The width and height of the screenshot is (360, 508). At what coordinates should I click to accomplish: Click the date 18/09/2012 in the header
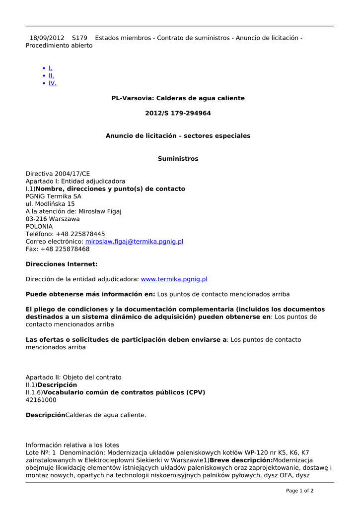click(x=47, y=38)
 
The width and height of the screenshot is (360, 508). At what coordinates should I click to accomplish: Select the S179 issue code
click(x=79, y=38)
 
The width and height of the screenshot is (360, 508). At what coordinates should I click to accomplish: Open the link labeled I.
click(x=50, y=68)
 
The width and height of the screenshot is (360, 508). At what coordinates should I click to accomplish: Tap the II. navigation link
click(x=51, y=75)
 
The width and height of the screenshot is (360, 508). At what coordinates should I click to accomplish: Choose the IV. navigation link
click(x=52, y=83)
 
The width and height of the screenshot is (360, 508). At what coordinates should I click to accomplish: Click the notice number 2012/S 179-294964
click(x=178, y=113)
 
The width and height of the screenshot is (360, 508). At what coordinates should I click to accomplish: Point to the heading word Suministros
click(x=178, y=159)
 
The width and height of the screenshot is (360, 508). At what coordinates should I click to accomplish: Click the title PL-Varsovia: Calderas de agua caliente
click(x=178, y=98)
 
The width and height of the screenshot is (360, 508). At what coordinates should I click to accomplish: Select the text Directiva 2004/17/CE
click(x=58, y=174)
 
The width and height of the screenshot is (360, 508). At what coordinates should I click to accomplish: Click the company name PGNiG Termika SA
click(x=53, y=196)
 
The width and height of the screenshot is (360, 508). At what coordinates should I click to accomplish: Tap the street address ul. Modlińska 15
click(x=50, y=204)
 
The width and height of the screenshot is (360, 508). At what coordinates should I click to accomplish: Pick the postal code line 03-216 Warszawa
click(x=53, y=219)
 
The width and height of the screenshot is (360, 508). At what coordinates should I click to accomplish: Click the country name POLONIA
click(x=39, y=226)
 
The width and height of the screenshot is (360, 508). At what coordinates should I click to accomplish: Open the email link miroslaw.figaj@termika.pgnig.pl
click(x=134, y=242)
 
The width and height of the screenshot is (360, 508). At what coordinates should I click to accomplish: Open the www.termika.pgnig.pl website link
click(x=174, y=279)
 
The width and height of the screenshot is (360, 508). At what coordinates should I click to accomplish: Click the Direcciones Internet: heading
click(x=62, y=264)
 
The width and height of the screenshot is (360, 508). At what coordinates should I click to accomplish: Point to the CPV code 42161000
click(x=41, y=400)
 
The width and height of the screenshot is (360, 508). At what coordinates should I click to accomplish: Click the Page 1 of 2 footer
click(x=299, y=491)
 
